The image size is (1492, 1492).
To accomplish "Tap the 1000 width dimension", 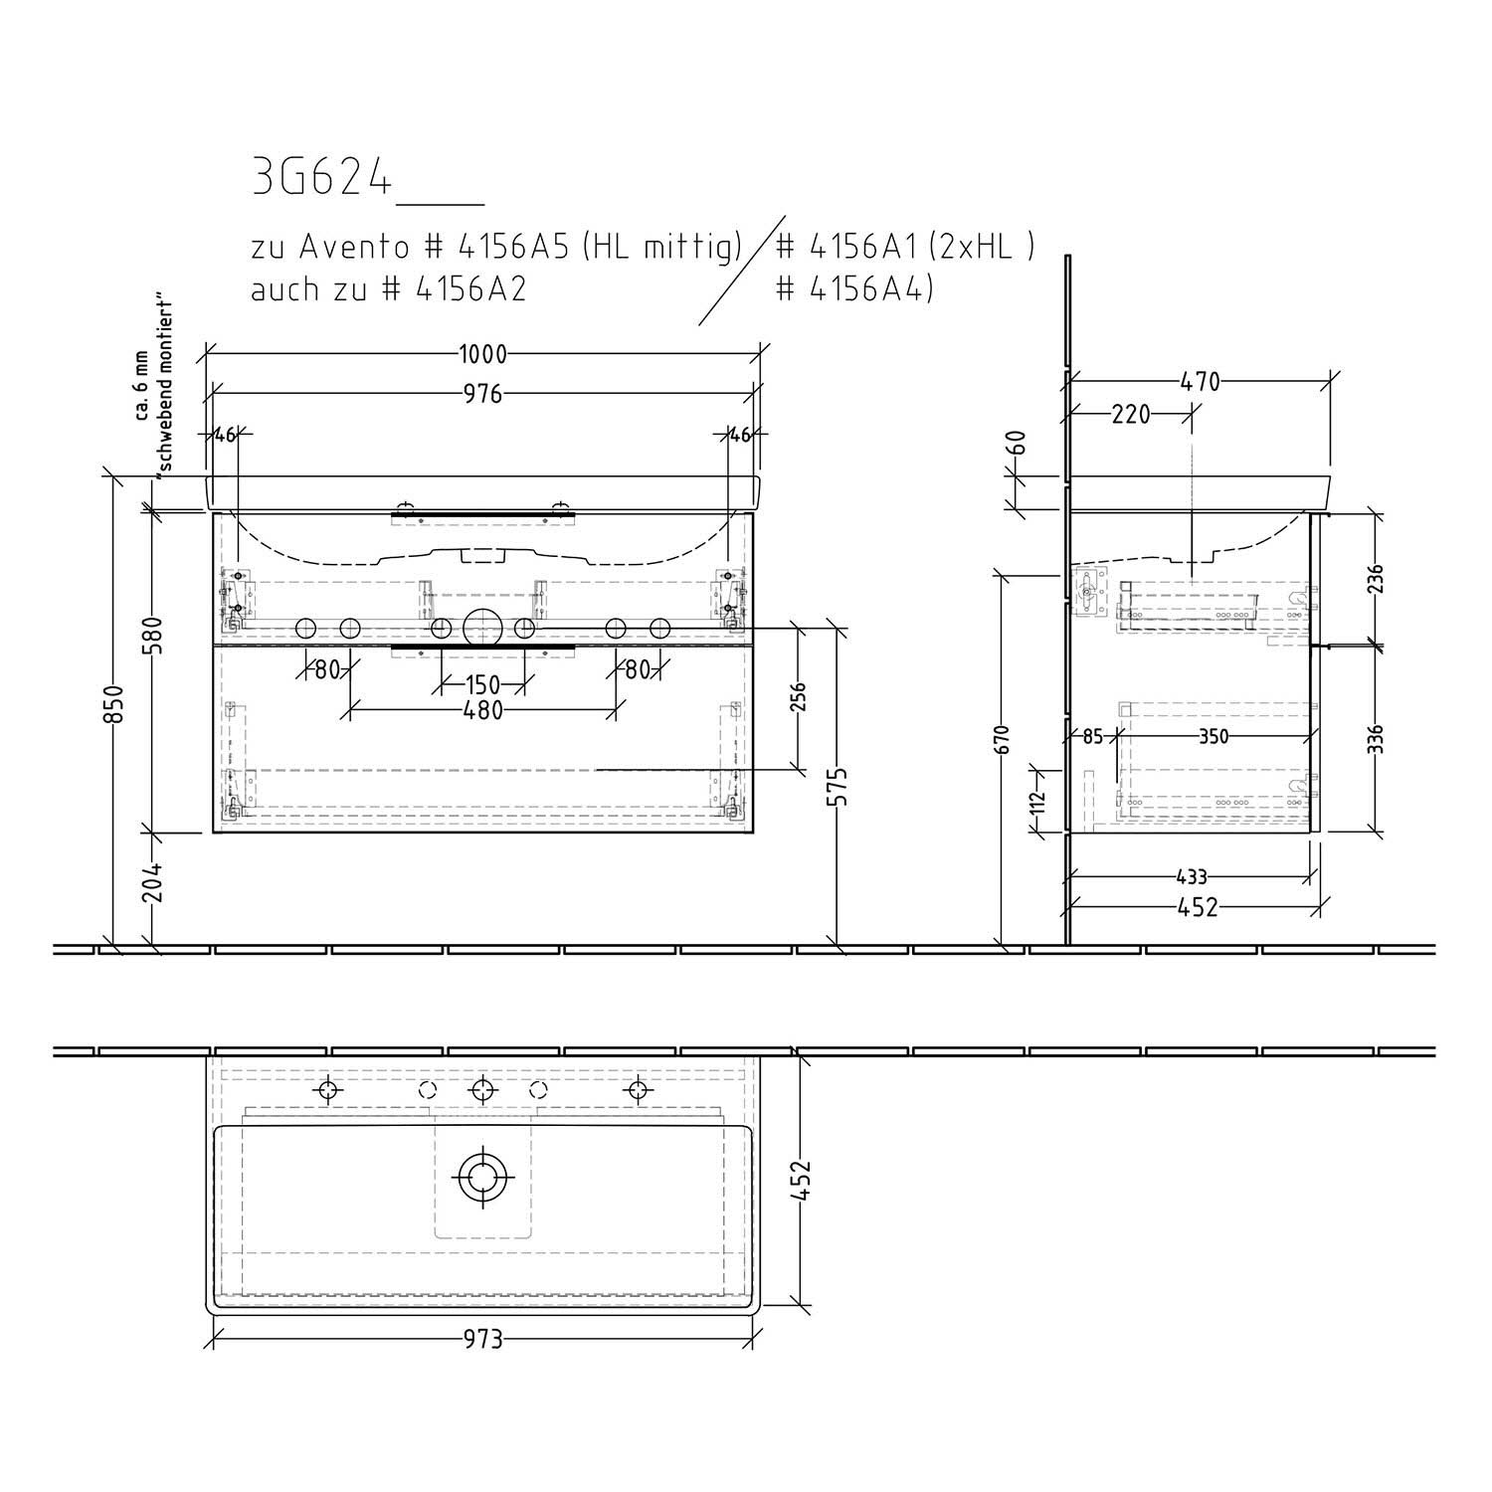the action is (482, 354).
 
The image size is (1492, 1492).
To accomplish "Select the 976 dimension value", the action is (482, 394).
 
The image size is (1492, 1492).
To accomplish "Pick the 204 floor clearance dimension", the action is (152, 881).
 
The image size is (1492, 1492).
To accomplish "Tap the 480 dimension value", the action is (483, 711).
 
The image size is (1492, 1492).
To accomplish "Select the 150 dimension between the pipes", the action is (483, 685).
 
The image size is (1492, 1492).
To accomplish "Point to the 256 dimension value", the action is (800, 697).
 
